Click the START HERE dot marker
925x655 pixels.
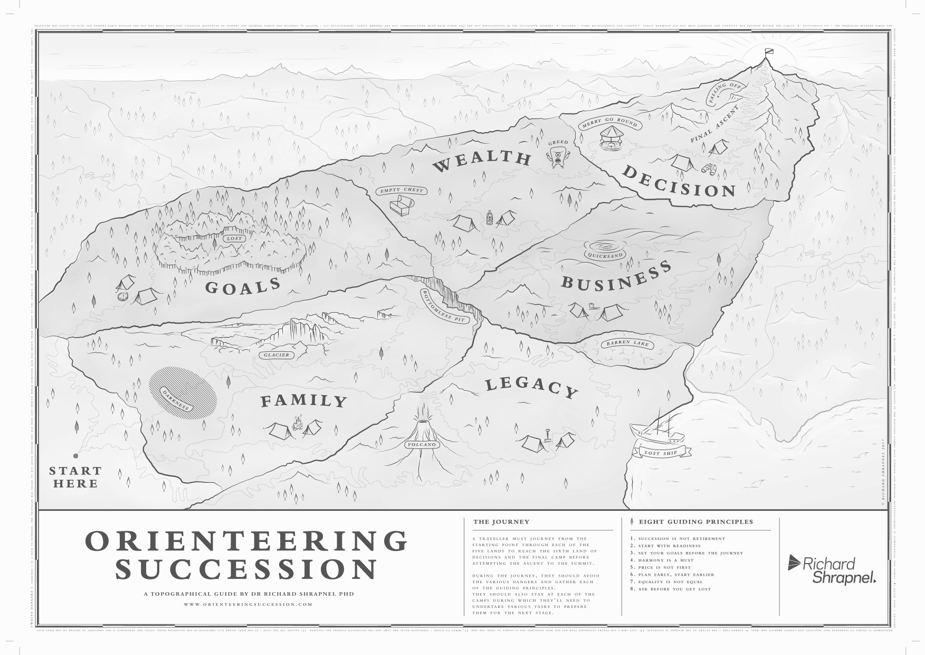[x=75, y=455]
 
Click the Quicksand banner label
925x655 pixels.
[x=605, y=255]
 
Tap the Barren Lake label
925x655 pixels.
[x=627, y=343]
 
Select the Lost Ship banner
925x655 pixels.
[x=660, y=452]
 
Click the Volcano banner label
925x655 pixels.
[x=422, y=445]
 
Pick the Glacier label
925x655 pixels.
[x=276, y=355]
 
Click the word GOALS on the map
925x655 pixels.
[x=242, y=286]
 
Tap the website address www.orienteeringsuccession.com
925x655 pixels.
[x=248, y=604]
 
